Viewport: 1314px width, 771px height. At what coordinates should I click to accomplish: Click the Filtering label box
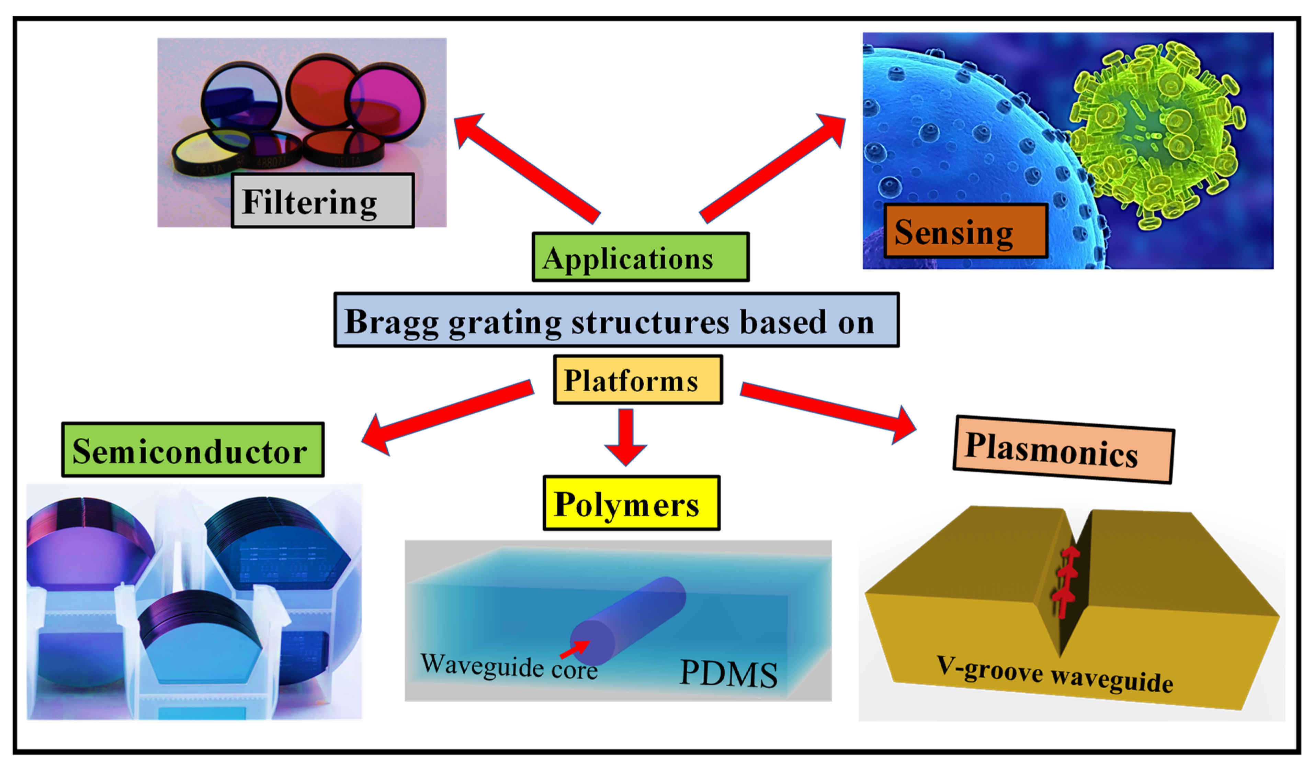pos(323,201)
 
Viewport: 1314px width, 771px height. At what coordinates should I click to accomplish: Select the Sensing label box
pos(966,231)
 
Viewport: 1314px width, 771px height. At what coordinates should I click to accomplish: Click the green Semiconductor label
pos(193,450)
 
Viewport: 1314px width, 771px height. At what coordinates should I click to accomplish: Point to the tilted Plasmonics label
pos(1064,450)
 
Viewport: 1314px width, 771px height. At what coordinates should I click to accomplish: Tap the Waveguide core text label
pos(508,667)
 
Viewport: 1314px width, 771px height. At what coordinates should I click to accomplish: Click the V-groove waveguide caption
pos(1053,675)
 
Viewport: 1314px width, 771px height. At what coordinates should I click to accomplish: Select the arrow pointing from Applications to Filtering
pos(526,168)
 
